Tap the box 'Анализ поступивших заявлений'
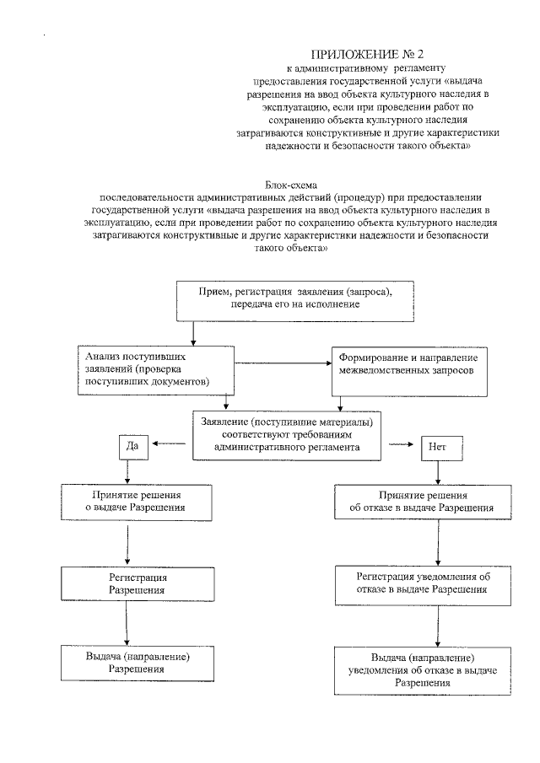[154, 368]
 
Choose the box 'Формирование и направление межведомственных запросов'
[408, 369]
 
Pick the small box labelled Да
[132, 444]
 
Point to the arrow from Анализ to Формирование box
[283, 364]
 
